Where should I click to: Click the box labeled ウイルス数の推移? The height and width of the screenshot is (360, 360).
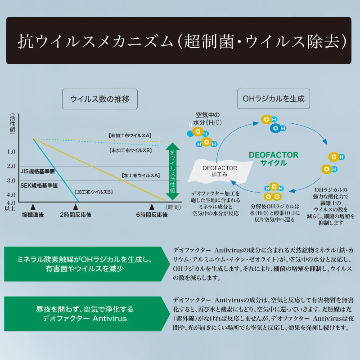tap(100, 99)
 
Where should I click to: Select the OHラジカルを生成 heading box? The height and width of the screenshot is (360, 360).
tap(274, 99)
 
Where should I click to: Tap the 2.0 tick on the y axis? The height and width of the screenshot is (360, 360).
tap(11, 166)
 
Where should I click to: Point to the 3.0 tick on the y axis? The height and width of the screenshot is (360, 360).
tap(11, 180)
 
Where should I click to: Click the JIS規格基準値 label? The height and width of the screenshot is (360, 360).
tap(38, 171)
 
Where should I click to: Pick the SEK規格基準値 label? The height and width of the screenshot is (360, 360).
tap(39, 185)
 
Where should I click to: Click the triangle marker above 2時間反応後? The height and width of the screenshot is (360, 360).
tap(76, 207)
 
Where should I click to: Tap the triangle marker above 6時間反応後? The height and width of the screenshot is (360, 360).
tap(152, 207)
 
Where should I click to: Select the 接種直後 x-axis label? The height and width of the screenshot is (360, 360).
tap(33, 215)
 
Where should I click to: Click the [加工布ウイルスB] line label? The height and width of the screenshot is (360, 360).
tap(94, 192)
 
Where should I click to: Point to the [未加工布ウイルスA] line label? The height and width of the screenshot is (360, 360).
tap(130, 135)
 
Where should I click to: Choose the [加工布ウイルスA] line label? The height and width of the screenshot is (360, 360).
tap(141, 175)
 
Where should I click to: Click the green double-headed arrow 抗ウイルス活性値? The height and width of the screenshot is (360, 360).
tap(172, 171)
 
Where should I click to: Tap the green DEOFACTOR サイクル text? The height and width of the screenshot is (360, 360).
tap(274, 159)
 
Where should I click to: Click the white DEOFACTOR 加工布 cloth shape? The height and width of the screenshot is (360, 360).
tap(220, 171)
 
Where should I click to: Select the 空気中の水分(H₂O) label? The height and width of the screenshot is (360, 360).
tap(207, 119)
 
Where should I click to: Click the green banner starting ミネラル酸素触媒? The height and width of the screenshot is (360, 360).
tap(87, 264)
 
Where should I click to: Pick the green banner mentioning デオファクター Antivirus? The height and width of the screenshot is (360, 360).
tap(87, 314)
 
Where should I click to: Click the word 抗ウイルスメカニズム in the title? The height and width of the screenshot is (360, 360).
tap(95, 41)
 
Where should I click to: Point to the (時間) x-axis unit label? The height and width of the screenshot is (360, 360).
tap(173, 207)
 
